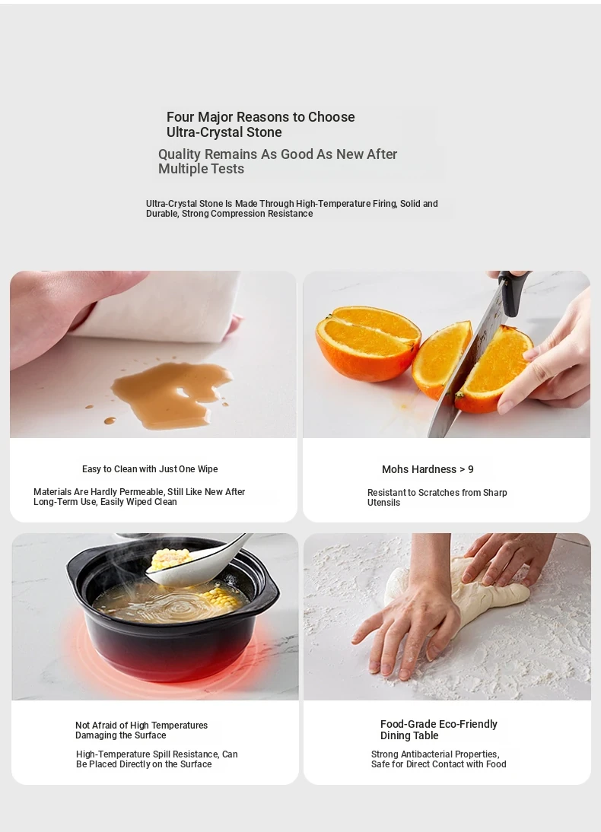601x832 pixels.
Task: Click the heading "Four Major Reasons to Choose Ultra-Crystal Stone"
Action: [261, 124]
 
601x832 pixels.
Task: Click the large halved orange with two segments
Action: [367, 342]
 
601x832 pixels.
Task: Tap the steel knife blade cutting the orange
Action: [462, 371]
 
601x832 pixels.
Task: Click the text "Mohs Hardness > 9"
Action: [428, 469]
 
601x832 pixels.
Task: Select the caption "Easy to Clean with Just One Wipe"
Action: [150, 469]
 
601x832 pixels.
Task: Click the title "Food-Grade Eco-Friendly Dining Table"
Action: [438, 729]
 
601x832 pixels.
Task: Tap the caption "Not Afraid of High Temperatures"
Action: [142, 726]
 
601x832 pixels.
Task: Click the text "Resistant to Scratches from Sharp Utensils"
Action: [437, 497]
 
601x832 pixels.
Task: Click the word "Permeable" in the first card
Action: [143, 492]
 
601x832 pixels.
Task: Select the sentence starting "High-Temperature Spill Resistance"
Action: [157, 759]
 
